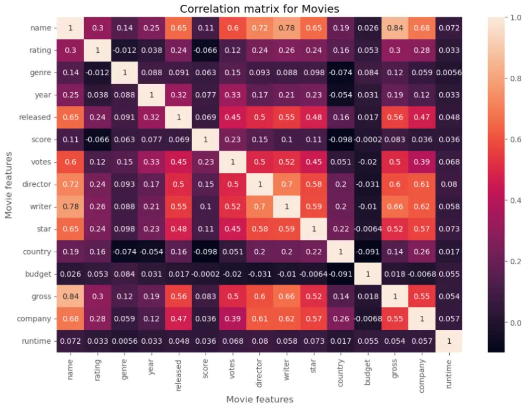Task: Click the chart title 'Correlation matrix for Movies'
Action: pos(259,9)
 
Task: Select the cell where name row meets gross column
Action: pos(395,28)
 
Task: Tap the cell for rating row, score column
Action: pos(205,51)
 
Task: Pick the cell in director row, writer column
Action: pos(287,184)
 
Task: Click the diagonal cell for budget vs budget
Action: pos(368,274)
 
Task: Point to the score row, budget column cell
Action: pos(368,140)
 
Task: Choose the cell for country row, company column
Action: pos(422,252)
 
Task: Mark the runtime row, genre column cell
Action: pos(125,341)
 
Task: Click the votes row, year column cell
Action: pos(151,162)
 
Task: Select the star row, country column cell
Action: pos(340,229)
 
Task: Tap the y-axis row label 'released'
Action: pos(35,117)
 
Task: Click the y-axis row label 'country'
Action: pos(37,252)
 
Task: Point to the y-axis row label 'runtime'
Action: pos(36,341)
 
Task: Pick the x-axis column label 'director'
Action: pos(259,373)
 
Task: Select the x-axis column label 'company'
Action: pos(421,376)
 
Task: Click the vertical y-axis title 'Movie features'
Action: pos(8,185)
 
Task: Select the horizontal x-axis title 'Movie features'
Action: pos(260,399)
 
